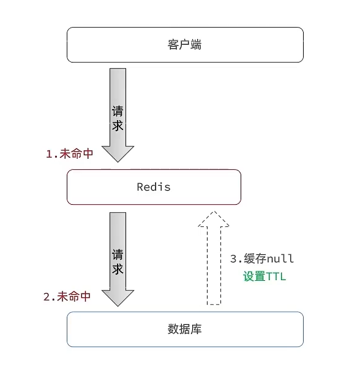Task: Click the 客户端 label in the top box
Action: (x=184, y=44)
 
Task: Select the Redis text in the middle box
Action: (x=154, y=187)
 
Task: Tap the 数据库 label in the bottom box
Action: (x=184, y=329)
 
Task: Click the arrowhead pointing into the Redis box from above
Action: (x=118, y=153)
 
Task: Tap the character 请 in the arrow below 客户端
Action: (x=118, y=112)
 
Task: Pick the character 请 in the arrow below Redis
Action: (x=118, y=254)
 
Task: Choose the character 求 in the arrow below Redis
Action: (x=118, y=269)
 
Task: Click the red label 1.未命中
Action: (x=70, y=154)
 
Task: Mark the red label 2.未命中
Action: (x=67, y=297)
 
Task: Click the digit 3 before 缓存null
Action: (x=233, y=258)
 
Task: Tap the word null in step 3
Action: (x=282, y=258)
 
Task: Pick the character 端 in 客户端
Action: (x=196, y=44)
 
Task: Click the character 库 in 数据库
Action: (x=196, y=329)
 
